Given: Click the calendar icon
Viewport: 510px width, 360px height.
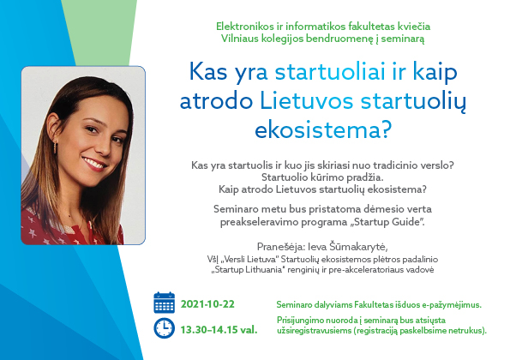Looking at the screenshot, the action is (164, 303).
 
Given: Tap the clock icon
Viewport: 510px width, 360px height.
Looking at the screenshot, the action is (164, 328).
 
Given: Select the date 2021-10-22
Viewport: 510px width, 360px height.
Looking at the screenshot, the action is (207, 304).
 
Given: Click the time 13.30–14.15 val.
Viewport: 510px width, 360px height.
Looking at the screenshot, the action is (219, 330).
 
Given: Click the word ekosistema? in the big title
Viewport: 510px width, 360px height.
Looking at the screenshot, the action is (322, 129).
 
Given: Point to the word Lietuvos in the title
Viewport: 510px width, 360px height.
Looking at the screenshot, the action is (306, 100).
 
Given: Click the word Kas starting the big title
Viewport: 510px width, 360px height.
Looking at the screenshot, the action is (208, 71).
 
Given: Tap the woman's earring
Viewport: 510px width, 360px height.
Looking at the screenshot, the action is (55, 147).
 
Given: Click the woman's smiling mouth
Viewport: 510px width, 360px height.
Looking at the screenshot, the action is (94, 164).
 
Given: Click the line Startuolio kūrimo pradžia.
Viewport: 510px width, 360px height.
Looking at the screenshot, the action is (322, 177).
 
